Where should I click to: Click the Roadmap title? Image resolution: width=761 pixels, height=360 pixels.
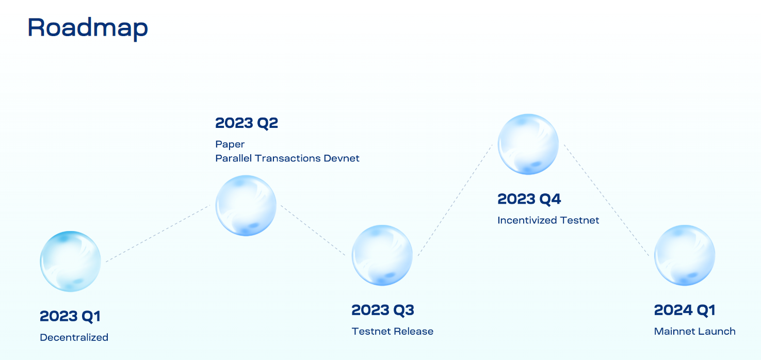pyautogui.click(x=88, y=28)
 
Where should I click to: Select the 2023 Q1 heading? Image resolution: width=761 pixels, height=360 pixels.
pyautogui.click(x=70, y=316)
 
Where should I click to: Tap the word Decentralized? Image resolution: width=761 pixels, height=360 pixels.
pyautogui.click(x=74, y=337)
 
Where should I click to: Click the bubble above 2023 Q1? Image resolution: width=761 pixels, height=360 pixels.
pyautogui.click(x=70, y=261)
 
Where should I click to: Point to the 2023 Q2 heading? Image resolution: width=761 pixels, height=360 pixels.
pyautogui.click(x=247, y=123)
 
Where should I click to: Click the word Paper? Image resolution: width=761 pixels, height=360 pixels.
pyautogui.click(x=230, y=144)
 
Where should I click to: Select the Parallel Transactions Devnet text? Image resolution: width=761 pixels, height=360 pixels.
pyautogui.click(x=287, y=158)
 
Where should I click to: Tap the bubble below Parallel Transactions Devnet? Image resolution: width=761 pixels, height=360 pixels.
pyautogui.click(x=246, y=205)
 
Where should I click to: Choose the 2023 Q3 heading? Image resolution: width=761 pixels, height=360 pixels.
pyautogui.click(x=383, y=310)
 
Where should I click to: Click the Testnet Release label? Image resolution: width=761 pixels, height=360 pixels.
pyautogui.click(x=393, y=331)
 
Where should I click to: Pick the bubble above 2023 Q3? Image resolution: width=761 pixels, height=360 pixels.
pyautogui.click(x=382, y=255)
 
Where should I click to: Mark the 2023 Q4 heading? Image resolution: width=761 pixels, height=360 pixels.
pyautogui.click(x=529, y=199)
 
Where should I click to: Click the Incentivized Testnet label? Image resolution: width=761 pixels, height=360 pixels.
pyautogui.click(x=548, y=220)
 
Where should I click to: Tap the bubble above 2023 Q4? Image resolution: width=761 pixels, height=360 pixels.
pyautogui.click(x=528, y=144)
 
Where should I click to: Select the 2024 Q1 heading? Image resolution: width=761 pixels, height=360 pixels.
pyautogui.click(x=685, y=310)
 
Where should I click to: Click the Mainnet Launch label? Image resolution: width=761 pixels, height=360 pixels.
pyautogui.click(x=695, y=331)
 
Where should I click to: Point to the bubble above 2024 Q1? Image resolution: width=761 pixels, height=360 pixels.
pyautogui.click(x=685, y=255)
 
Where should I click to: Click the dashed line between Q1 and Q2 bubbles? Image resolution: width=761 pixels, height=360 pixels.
pyautogui.click(x=157, y=234)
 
